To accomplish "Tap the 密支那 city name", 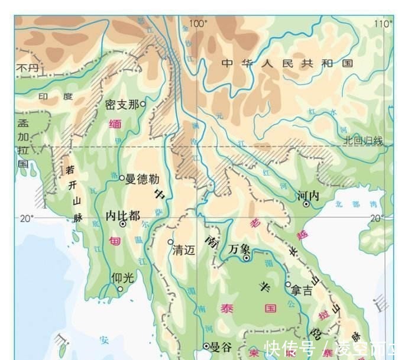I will coord(121,105).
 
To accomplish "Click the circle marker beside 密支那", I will coord(143,104).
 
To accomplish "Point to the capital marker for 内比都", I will coord(123,225).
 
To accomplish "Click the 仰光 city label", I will coord(122,277).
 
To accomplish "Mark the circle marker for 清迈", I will coord(170,242).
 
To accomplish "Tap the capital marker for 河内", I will coord(306,204).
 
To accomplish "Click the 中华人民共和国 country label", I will coord(287,63).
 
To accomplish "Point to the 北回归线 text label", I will coord(363,140).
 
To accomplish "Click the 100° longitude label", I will coord(198,24).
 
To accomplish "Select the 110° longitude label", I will coord(383,24).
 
